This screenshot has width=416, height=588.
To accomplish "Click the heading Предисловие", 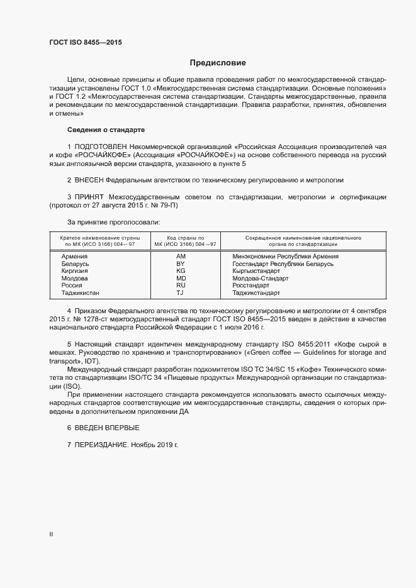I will click(x=218, y=63).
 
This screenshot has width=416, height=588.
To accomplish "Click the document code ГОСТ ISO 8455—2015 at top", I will click(x=85, y=42).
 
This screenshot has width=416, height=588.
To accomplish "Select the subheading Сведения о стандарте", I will click(x=106, y=130).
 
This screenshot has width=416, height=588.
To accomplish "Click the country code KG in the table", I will click(x=181, y=271).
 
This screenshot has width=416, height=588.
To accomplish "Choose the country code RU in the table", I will click(x=181, y=286).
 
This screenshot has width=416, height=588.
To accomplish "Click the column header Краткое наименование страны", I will click(x=99, y=238).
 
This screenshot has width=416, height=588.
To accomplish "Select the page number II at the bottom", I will click(x=51, y=535).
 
